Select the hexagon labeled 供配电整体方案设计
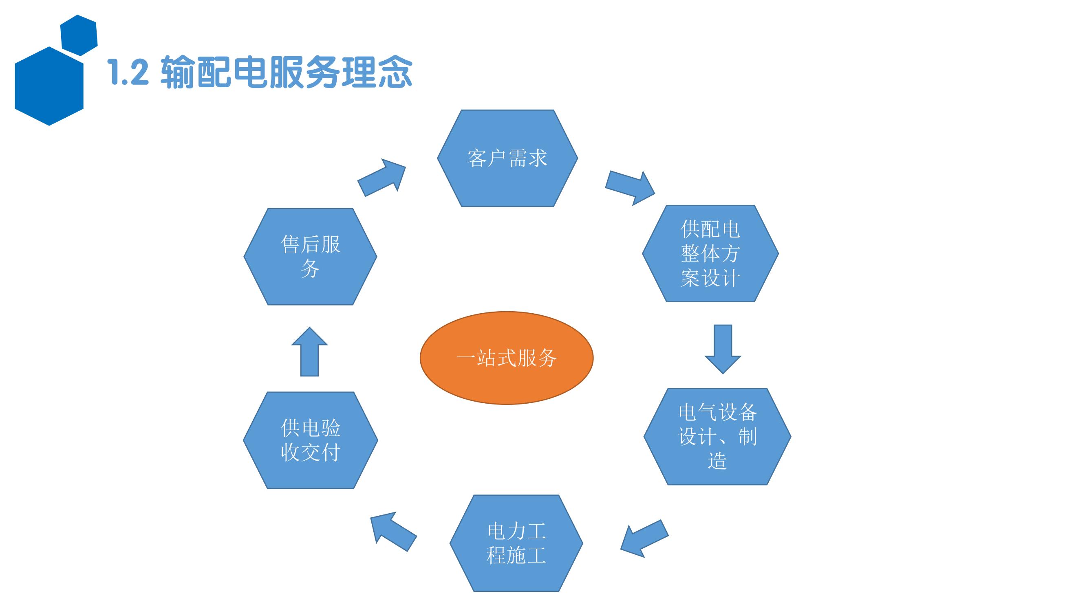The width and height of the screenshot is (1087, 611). point(710,253)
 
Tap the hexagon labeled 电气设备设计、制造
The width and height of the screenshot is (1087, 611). point(717,436)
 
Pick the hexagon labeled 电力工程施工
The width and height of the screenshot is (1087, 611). point(516,543)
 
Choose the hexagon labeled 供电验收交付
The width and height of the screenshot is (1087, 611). point(310,440)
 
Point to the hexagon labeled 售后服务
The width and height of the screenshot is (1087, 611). point(310,256)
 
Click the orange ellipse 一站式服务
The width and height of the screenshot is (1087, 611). point(506,358)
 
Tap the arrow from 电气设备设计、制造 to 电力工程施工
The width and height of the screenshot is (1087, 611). point(644,538)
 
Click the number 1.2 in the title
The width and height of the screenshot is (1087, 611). point(128,72)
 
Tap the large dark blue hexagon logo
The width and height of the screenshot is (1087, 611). point(49,86)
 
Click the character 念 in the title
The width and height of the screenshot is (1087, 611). point(394,72)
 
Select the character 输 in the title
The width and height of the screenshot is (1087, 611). point(178,72)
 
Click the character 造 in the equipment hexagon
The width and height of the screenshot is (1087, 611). point(717,461)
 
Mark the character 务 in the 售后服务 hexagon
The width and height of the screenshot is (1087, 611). point(310,268)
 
